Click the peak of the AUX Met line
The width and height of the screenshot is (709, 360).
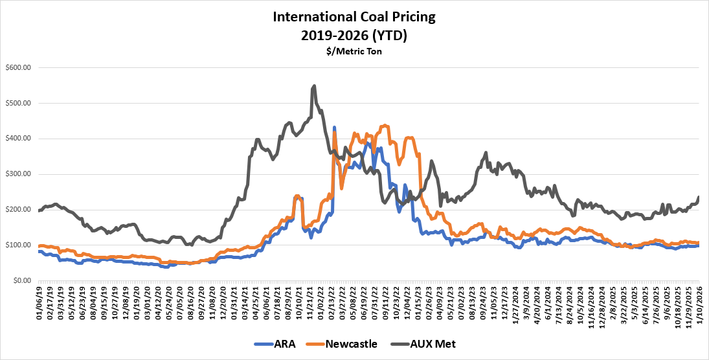coord(314,85)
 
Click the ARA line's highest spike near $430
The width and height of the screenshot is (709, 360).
coord(334,128)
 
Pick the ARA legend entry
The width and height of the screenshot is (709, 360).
coord(276,344)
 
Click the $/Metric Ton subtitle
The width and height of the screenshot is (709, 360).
coord(354,51)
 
